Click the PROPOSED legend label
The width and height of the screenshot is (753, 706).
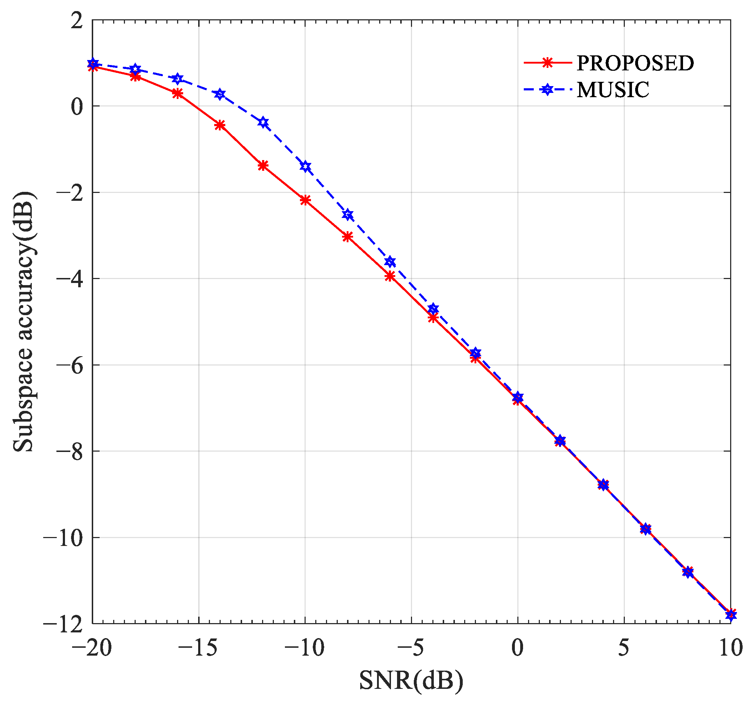click(x=635, y=63)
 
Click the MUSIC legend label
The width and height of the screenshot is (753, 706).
click(x=613, y=90)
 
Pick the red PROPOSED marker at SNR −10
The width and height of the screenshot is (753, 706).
click(x=305, y=200)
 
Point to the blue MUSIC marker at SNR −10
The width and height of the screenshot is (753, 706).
click(x=306, y=166)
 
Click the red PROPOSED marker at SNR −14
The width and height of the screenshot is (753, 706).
click(x=220, y=125)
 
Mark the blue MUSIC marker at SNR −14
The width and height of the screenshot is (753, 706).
click(x=220, y=94)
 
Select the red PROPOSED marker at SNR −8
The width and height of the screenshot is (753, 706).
click(x=348, y=237)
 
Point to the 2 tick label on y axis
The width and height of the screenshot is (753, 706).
click(x=77, y=21)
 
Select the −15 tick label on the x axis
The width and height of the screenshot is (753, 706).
click(x=198, y=647)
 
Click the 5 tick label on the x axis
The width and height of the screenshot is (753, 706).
click(x=624, y=647)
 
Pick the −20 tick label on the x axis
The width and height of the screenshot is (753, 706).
click(x=92, y=647)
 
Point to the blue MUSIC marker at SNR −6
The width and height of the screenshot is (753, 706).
click(x=391, y=262)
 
